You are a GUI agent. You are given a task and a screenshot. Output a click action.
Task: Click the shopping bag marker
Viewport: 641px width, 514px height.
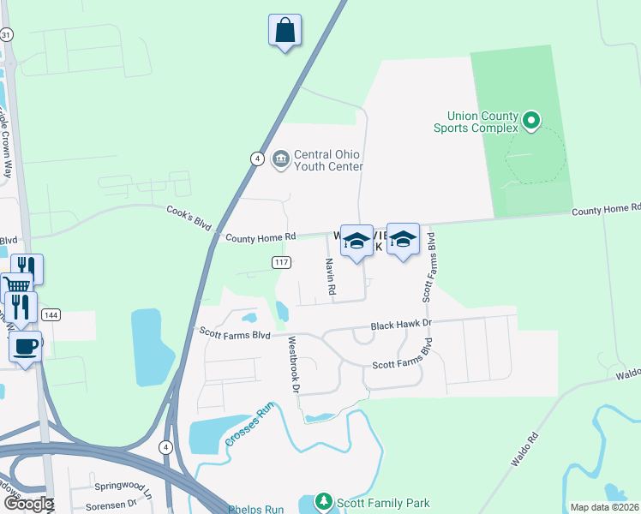click(285, 31)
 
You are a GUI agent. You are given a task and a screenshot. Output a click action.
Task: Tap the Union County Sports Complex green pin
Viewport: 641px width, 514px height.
click(530, 121)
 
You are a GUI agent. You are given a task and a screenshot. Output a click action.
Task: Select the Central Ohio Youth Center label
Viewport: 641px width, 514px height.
click(327, 160)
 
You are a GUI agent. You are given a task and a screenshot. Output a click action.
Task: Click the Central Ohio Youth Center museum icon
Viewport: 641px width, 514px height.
click(280, 158)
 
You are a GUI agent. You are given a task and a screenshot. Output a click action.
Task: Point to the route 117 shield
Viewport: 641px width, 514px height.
click(281, 262)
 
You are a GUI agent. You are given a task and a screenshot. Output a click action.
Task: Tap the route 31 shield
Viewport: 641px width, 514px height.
click(7, 34)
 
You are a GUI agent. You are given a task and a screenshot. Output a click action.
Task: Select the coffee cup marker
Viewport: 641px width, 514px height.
click(25, 347)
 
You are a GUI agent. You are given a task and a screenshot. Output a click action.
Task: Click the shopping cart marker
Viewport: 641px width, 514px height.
click(15, 286)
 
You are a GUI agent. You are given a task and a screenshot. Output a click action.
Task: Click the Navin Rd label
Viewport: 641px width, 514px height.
click(330, 278)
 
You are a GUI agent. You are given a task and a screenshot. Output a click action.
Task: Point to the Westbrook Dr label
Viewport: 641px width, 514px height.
click(293, 364)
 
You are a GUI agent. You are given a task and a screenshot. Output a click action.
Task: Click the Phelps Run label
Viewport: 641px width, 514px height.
click(255, 509)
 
